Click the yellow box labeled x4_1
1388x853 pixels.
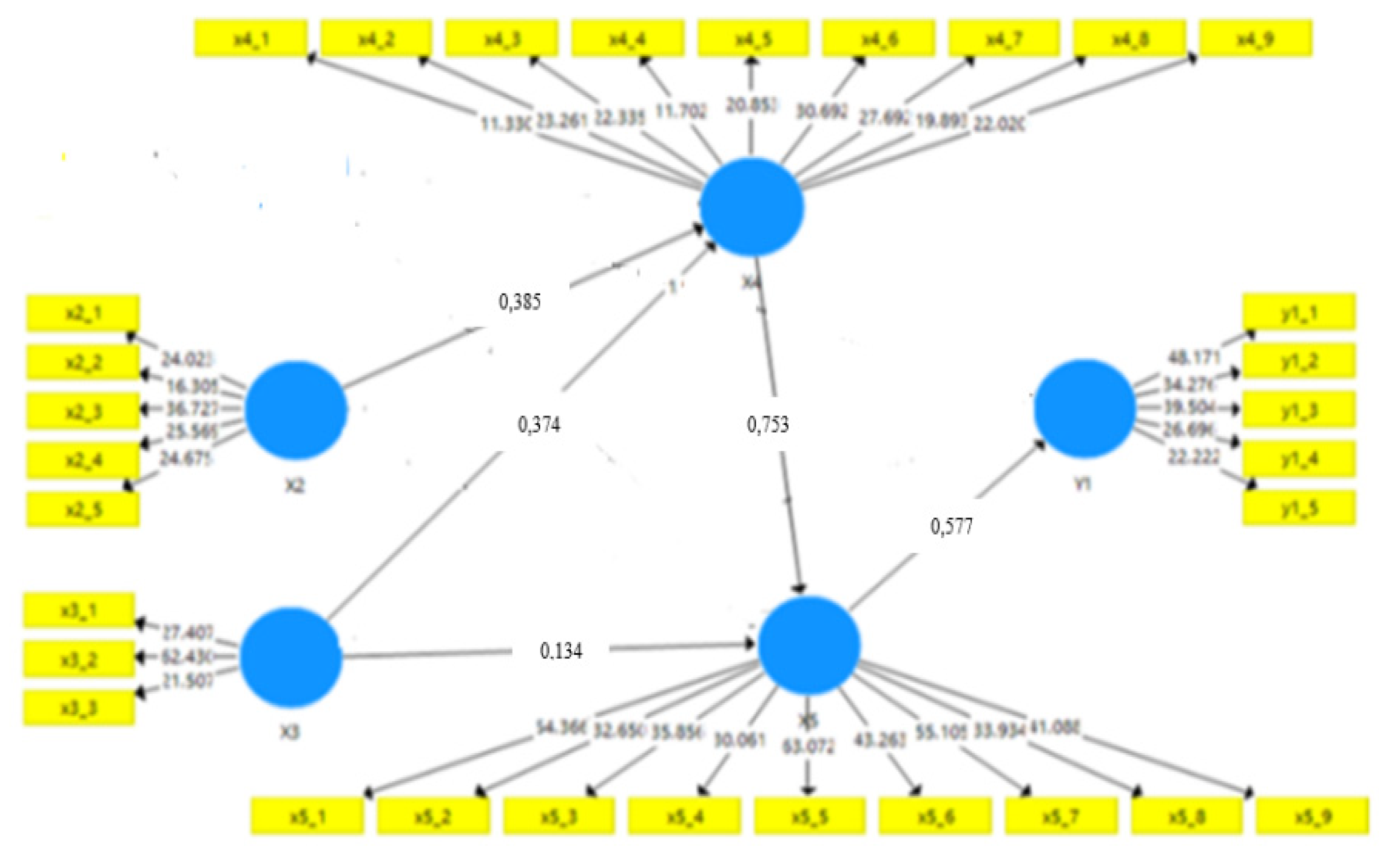251,38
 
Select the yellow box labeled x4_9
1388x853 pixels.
1255,38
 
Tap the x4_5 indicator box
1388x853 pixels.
753,38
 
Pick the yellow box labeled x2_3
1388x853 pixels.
83,411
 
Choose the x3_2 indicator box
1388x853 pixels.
79,659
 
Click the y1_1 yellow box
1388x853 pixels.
1299,312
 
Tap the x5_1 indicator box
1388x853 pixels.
307,816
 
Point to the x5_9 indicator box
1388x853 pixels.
1313,816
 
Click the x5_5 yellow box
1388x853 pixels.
810,816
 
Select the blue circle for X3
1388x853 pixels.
291,657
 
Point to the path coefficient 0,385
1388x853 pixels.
519,302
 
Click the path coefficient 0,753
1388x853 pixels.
768,424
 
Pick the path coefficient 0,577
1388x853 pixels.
952,526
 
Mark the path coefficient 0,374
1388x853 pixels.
539,424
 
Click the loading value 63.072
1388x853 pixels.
808,747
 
